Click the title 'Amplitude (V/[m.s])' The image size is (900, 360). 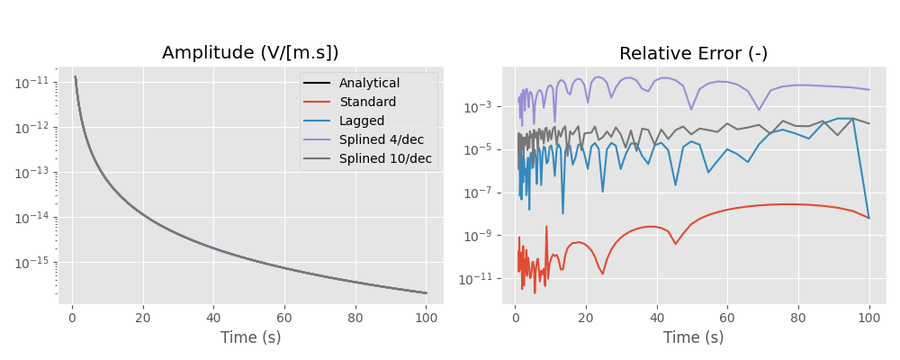click(250, 53)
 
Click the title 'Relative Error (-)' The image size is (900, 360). click(693, 53)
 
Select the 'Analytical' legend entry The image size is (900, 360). click(369, 84)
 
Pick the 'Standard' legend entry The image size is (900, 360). click(367, 103)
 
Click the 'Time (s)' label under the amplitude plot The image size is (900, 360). click(250, 338)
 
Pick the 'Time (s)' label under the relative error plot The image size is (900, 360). click(693, 338)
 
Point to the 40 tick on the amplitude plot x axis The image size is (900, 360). click(213, 318)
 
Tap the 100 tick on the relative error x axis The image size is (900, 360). click(869, 318)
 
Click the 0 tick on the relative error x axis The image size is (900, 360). click(515, 318)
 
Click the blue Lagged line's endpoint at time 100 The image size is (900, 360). click(869, 218)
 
